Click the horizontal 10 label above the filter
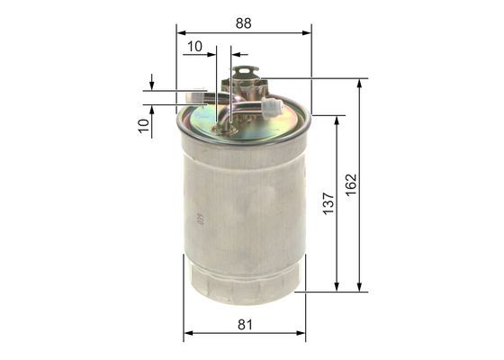[x=194, y=44]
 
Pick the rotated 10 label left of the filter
[x=143, y=125]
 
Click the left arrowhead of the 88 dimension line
[x=180, y=33]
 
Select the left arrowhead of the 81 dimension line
[x=187, y=335]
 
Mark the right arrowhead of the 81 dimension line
[x=301, y=335]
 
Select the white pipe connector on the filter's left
[x=193, y=96]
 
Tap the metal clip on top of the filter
[x=241, y=81]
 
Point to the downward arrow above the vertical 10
[x=152, y=83]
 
